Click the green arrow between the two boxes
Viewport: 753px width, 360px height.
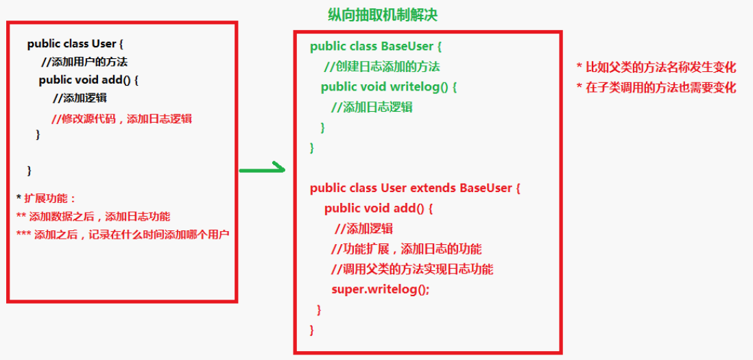261,168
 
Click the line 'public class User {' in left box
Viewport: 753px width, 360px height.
72,44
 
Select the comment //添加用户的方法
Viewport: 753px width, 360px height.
84,62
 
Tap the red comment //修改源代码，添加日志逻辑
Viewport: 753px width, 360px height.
121,119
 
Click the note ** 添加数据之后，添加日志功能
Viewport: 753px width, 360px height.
93,216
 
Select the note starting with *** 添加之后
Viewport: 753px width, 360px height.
123,234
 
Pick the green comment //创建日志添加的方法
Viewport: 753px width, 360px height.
382,67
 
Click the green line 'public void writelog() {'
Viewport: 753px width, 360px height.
388,86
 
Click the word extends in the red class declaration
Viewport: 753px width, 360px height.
433,188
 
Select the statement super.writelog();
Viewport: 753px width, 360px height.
380,289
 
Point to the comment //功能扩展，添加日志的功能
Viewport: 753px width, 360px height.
406,248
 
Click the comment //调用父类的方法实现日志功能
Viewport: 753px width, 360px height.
411,269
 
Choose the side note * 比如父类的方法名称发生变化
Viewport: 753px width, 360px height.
656,67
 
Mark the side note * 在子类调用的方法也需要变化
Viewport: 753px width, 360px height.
656,87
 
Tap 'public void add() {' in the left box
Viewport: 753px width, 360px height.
88,80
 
